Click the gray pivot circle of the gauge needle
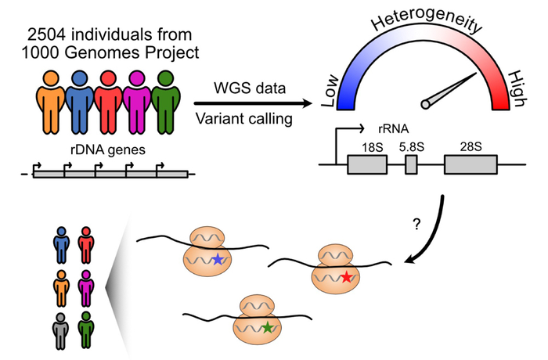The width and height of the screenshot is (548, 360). tap(427, 103)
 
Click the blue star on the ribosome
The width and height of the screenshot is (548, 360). tap(217, 259)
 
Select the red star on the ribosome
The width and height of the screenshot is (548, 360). tap(347, 277)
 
